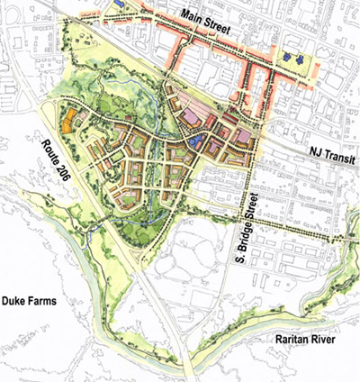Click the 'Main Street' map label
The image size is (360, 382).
205,18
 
